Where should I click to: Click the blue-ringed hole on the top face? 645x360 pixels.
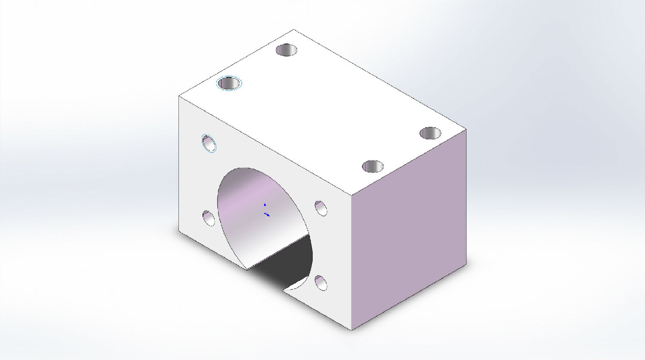[229, 83]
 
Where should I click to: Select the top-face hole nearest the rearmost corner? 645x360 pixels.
[286, 50]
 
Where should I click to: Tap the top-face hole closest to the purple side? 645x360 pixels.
[430, 133]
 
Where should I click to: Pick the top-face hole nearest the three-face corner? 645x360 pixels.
[373, 166]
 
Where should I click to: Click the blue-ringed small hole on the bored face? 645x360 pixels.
[209, 143]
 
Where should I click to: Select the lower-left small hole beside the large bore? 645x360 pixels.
[209, 218]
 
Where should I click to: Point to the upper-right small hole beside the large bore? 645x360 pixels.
[321, 208]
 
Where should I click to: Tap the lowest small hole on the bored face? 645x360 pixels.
[321, 283]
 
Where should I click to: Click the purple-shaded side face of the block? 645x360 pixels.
[408, 228]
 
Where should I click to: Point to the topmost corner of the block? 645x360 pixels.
[294, 30]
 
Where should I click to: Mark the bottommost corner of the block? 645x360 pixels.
[352, 330]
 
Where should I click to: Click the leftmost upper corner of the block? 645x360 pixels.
[179, 96]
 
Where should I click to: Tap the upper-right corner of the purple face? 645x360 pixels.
[466, 129]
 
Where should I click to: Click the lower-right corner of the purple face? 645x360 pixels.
[466, 263]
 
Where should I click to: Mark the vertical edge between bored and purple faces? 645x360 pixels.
[352, 262]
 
